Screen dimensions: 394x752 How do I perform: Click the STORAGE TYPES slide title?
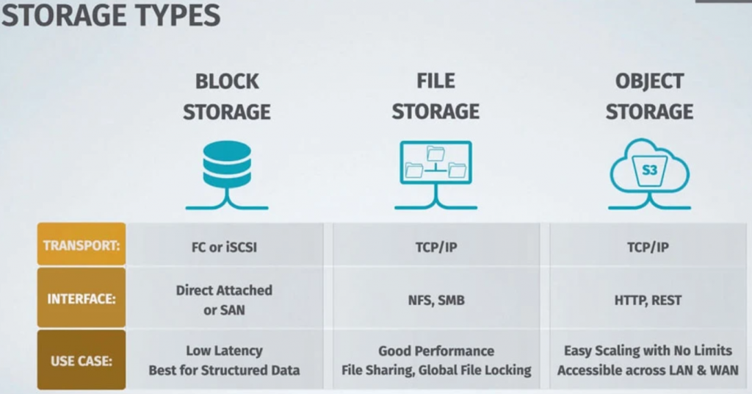click(110, 15)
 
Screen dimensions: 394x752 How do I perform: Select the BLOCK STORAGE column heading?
click(227, 96)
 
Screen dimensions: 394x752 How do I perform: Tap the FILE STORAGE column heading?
click(435, 96)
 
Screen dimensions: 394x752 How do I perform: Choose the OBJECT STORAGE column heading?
click(649, 96)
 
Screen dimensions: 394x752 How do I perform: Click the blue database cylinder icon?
click(227, 163)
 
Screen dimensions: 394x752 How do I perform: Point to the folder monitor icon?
click(435, 162)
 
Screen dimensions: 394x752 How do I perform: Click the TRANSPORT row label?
click(82, 246)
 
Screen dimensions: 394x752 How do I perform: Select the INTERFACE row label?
click(82, 300)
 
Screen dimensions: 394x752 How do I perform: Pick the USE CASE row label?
click(82, 361)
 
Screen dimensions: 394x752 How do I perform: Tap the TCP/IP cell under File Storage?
click(435, 247)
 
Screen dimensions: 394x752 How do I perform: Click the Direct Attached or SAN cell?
click(224, 300)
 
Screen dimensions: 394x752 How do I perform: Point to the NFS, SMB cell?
click(435, 300)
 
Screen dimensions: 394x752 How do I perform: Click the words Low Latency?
click(224, 351)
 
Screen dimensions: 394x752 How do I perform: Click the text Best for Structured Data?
click(224, 370)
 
